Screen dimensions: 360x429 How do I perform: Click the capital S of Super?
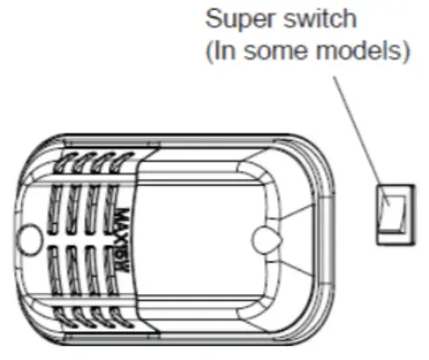point(211,18)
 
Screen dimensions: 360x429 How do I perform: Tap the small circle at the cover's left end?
point(31,235)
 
